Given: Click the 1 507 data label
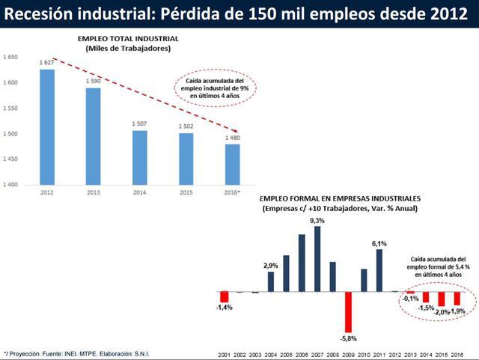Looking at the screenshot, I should (x=139, y=124).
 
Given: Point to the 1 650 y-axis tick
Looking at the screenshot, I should (x=10, y=57).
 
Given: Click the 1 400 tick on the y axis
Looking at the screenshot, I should (x=10, y=184).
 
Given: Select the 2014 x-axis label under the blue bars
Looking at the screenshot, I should (x=140, y=193).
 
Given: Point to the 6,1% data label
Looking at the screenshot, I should (x=379, y=243).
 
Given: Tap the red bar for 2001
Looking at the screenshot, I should (x=223, y=297).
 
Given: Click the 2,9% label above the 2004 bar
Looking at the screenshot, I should (x=270, y=266).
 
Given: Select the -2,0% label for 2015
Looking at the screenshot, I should (x=441, y=311).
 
